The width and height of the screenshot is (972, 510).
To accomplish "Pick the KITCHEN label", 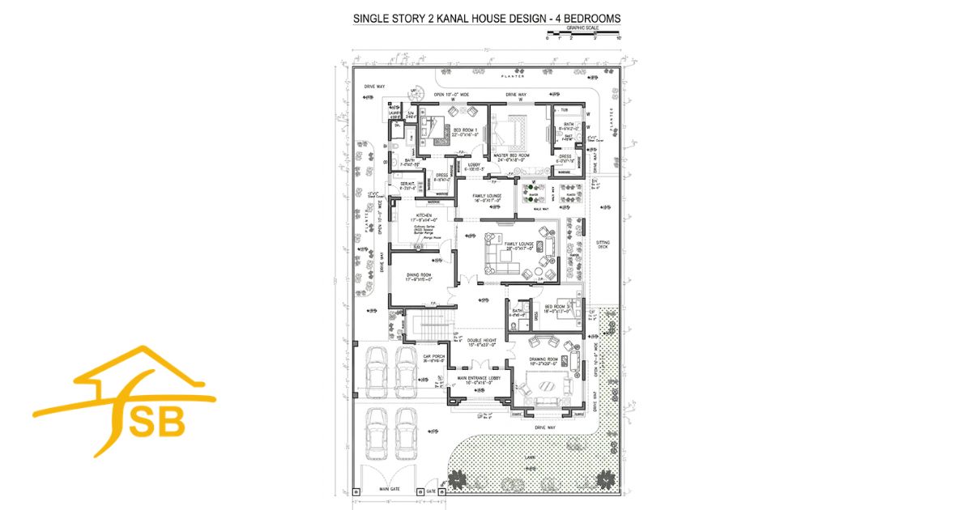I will [x=424, y=215].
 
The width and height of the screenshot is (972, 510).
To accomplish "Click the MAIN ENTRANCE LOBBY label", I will [x=480, y=376].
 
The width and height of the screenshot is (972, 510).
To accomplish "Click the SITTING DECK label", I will [x=603, y=244].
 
